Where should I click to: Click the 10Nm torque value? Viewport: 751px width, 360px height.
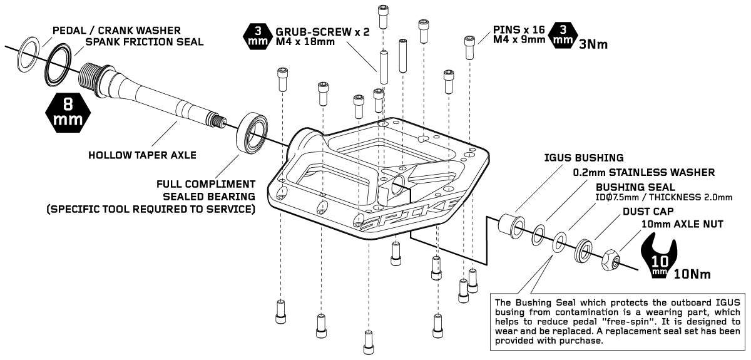point(692,273)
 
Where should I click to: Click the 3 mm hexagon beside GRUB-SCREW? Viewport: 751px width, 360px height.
point(256,36)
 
